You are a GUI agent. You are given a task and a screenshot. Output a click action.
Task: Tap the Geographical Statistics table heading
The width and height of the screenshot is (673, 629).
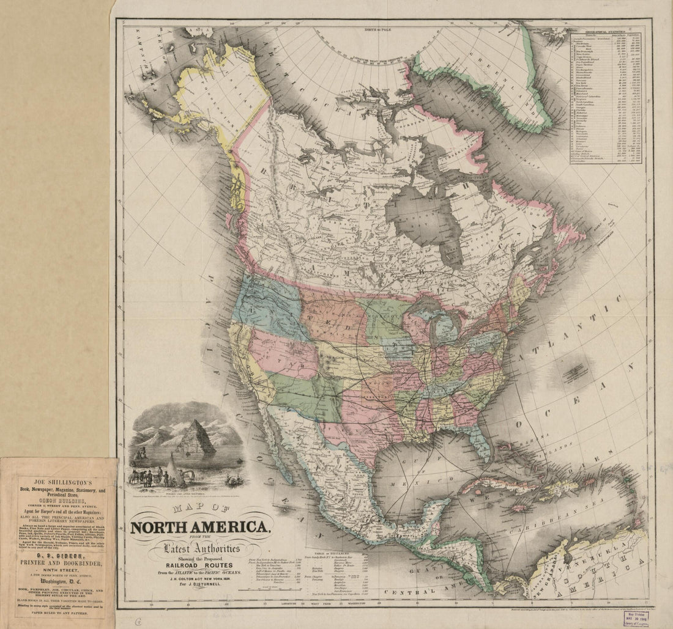(605, 31)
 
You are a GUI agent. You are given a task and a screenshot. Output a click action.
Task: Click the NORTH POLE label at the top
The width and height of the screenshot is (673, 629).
(380, 29)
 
